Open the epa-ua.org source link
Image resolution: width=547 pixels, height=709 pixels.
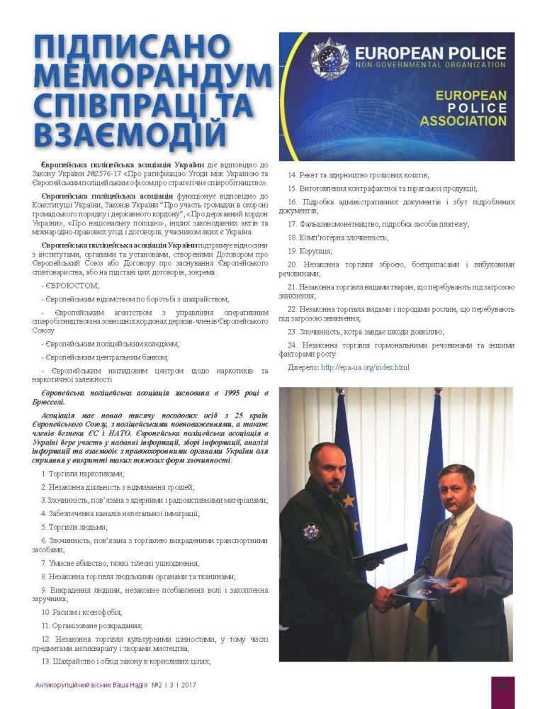pyautogui.click(x=365, y=367)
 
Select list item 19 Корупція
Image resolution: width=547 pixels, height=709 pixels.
pyautogui.click(x=311, y=250)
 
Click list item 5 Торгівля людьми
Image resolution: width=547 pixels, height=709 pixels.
pyautogui.click(x=74, y=527)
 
